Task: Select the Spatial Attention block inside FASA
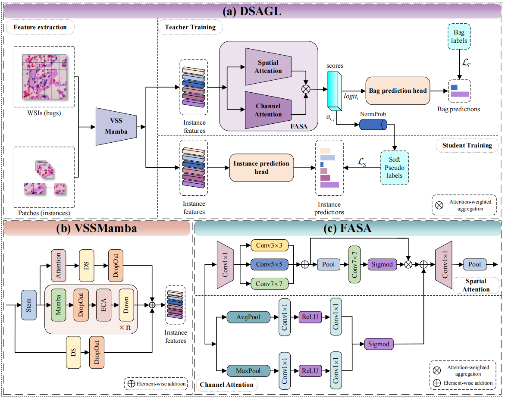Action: tap(268, 66)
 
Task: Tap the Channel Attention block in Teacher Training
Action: tap(268, 110)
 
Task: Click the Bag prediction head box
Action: tap(398, 91)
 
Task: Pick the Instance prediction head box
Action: tap(261, 168)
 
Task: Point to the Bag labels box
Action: tap(459, 37)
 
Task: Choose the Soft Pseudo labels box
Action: tap(394, 168)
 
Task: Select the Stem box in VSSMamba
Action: tap(28, 305)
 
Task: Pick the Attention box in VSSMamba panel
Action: tap(58, 265)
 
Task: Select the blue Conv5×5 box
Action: tap(269, 264)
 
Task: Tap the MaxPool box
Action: tap(247, 370)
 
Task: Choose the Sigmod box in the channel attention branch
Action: tap(379, 344)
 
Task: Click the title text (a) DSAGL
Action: tap(252, 12)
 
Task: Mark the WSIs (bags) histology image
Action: tap(44, 76)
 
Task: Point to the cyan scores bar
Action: tap(334, 91)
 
